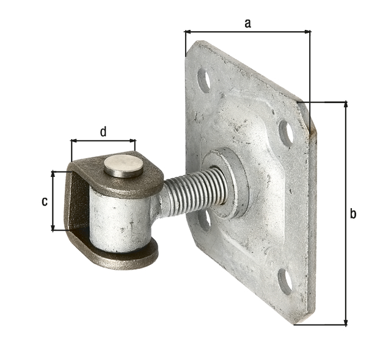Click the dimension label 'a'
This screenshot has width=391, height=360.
(247, 23)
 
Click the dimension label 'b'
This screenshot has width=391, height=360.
(353, 214)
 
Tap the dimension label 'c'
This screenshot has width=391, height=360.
(44, 201)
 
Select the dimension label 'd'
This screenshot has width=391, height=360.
(103, 131)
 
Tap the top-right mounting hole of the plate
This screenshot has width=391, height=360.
(285, 132)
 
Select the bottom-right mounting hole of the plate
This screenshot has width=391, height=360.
(285, 280)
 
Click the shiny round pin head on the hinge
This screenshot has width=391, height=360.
(123, 165)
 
